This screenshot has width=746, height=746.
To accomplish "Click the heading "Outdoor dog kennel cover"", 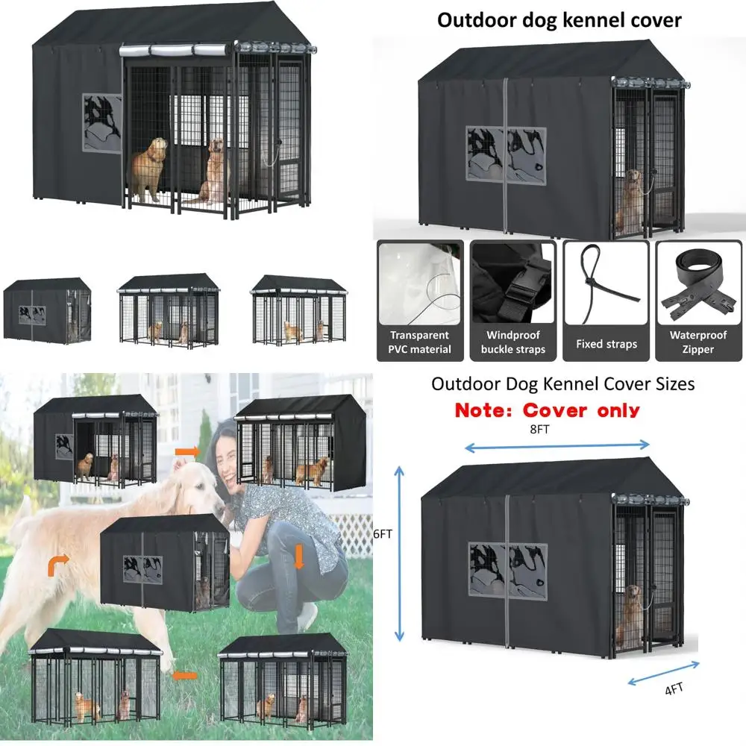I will (559, 20).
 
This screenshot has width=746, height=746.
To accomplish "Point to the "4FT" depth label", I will (674, 689).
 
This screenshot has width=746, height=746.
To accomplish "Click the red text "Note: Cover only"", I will (547, 410).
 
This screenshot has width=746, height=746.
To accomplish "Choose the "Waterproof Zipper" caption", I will (698, 342).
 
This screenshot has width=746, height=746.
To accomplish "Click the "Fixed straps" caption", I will (606, 344).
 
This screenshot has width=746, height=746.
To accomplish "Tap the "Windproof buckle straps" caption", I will (513, 342).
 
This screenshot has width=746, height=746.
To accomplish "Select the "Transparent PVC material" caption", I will (419, 342).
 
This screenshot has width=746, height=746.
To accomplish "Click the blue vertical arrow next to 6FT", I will (401, 552).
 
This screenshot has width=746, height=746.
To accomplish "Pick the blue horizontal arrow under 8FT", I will (557, 446).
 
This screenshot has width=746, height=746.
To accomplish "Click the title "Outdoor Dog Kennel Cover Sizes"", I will (562, 384).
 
